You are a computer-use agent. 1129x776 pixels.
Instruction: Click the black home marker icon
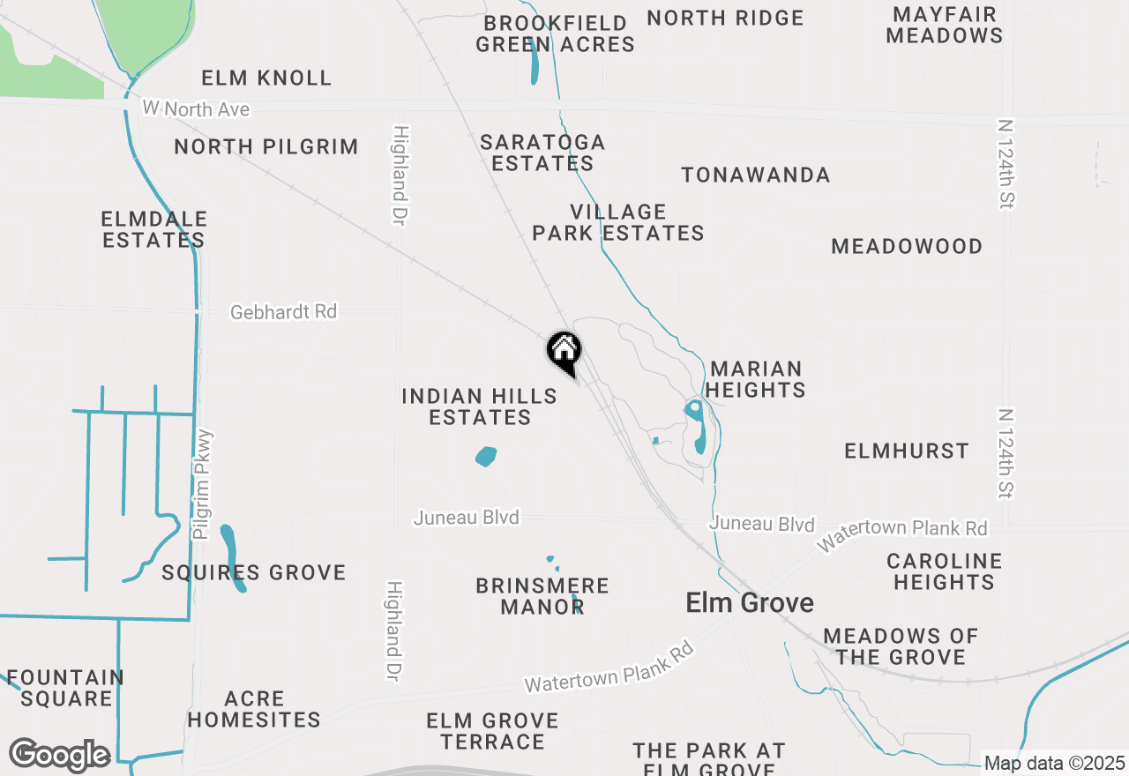(564, 352)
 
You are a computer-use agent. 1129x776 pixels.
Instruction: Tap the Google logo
(59, 755)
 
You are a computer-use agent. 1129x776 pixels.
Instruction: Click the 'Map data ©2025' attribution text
(1054, 764)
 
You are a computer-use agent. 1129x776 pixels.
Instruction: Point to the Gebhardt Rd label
(283, 312)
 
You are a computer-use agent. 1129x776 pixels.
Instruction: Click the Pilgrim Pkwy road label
(203, 484)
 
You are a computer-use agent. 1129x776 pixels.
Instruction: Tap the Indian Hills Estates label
(480, 407)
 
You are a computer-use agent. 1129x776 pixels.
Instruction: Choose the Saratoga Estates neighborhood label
(542, 153)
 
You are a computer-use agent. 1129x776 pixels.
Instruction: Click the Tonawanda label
(755, 175)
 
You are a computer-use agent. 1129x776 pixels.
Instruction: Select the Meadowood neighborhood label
(907, 246)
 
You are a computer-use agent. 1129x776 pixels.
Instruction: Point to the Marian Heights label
(756, 379)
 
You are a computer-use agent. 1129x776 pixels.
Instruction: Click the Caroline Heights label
(944, 571)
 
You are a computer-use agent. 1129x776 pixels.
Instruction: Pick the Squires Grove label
(254, 573)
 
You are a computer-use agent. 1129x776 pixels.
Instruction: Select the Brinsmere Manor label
(542, 596)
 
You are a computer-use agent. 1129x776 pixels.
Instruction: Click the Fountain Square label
(65, 688)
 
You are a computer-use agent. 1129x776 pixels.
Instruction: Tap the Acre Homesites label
(254, 709)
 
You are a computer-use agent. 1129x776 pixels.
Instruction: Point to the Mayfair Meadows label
(945, 25)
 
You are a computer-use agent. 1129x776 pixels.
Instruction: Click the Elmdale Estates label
(154, 229)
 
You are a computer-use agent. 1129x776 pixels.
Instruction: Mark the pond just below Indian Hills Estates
(485, 457)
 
